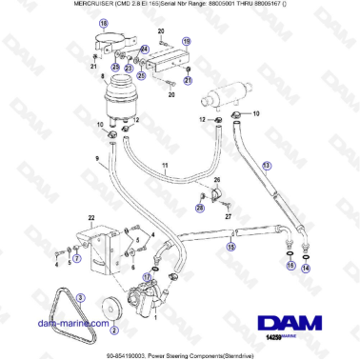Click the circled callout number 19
click(x=186, y=42)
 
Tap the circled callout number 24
click(x=145, y=49)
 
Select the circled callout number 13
click(x=267, y=166)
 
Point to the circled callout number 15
click(x=229, y=246)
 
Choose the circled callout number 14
click(x=306, y=269)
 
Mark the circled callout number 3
click(x=81, y=298)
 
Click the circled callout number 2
click(x=113, y=331)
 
